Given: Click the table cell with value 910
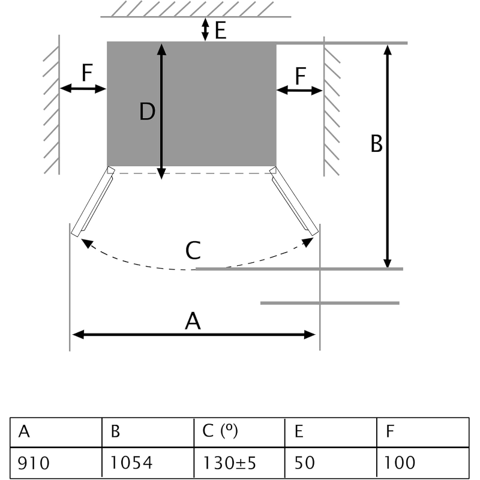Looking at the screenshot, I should click(x=56, y=463).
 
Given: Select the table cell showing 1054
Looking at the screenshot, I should click(x=148, y=463).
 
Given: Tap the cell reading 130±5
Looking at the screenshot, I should click(x=239, y=463).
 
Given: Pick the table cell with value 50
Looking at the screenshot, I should click(x=331, y=463).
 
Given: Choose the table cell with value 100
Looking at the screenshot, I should click(x=423, y=463).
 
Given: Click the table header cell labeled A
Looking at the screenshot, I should click(x=56, y=432).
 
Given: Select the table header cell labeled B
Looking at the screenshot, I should click(x=148, y=432).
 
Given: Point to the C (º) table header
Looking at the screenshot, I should click(x=239, y=432).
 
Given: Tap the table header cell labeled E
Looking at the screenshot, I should click(x=331, y=432).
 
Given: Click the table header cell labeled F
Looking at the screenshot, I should click(x=423, y=432).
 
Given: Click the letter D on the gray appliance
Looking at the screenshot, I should click(x=148, y=112).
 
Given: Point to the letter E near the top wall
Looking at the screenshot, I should click(x=220, y=30).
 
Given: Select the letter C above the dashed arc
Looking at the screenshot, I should click(x=193, y=250).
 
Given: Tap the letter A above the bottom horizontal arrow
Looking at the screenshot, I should click(x=193, y=322).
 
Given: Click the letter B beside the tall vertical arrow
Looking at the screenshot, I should click(x=376, y=144).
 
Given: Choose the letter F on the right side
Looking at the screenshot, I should click(x=301, y=76).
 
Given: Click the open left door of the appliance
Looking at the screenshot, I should click(x=92, y=202).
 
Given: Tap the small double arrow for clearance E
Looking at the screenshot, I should click(x=206, y=29).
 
